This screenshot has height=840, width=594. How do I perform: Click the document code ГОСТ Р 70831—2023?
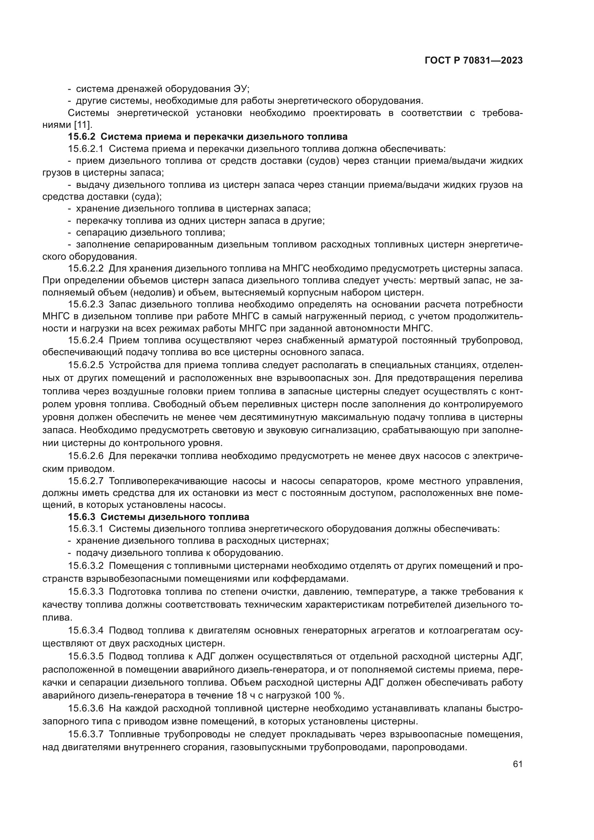(x=474, y=61)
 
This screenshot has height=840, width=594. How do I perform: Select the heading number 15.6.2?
(x=82, y=137)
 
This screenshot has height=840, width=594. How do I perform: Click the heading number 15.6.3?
(x=82, y=517)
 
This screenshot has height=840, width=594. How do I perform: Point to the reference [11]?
(x=83, y=125)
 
